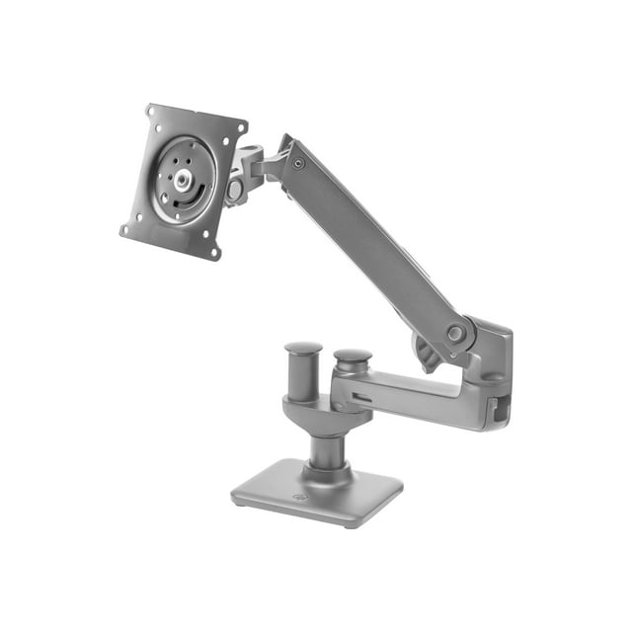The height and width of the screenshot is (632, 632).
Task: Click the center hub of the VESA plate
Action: [x=185, y=181]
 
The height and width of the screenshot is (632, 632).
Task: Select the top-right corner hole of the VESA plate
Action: [x=239, y=133]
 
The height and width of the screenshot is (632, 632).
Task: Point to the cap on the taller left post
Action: [x=303, y=350]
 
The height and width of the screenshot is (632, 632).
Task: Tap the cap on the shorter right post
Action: [x=352, y=355]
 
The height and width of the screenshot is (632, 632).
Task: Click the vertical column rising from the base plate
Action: [x=326, y=449]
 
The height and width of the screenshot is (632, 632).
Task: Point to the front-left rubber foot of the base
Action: [x=241, y=502]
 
